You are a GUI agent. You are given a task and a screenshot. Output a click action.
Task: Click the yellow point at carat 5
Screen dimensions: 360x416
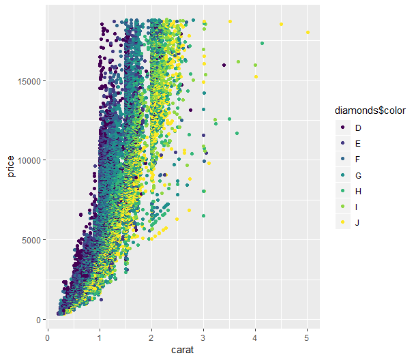(308, 33)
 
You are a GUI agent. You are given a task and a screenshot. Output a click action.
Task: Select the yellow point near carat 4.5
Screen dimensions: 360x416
(281, 25)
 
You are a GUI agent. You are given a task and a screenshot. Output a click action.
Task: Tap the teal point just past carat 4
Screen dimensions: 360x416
(262, 44)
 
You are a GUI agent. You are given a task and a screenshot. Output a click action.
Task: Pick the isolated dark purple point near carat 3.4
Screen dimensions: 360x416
(224, 65)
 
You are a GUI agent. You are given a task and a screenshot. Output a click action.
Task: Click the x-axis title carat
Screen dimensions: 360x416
(177, 349)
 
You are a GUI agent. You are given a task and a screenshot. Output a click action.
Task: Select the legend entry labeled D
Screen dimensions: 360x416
(358, 128)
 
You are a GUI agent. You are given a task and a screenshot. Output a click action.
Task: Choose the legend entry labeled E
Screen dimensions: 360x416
(358, 144)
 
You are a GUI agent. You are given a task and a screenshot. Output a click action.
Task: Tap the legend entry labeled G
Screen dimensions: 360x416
(358, 175)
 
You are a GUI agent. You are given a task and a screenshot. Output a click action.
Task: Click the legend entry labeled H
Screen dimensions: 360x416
(358, 191)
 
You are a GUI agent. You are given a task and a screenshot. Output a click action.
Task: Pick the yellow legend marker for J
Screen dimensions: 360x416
(342, 222)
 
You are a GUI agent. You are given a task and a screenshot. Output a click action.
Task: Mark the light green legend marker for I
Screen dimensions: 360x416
(342, 207)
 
